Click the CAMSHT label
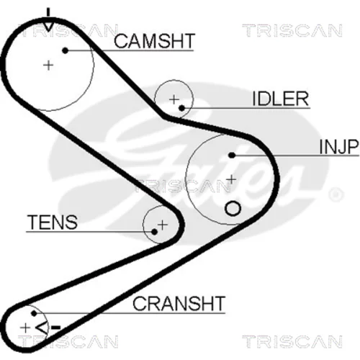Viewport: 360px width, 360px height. pos(154,41)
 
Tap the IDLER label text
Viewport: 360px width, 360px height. pos(280,99)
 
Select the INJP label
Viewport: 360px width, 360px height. pos(339,147)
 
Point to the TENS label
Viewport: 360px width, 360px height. pos(53,222)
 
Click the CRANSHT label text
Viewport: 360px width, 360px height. pos(179,303)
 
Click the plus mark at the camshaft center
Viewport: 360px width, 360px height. pos(48,66)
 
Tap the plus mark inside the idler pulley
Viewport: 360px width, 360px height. pos(174,99)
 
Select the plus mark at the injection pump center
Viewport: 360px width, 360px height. pos(231,179)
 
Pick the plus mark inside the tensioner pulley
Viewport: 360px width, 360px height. pos(163,225)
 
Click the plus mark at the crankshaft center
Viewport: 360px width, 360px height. pos(25,328)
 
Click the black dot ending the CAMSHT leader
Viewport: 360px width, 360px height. pos(65,50)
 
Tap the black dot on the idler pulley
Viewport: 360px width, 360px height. pos(182,108)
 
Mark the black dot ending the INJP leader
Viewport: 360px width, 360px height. pos(232,156)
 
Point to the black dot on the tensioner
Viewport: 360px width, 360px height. pos(155,232)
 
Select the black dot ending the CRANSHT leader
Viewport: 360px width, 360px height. pos(34,313)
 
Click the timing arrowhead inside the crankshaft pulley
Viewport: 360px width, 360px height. pos(41,328)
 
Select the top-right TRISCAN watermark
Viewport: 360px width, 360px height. pos(292,30)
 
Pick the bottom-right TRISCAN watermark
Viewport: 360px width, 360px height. pos(292,341)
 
